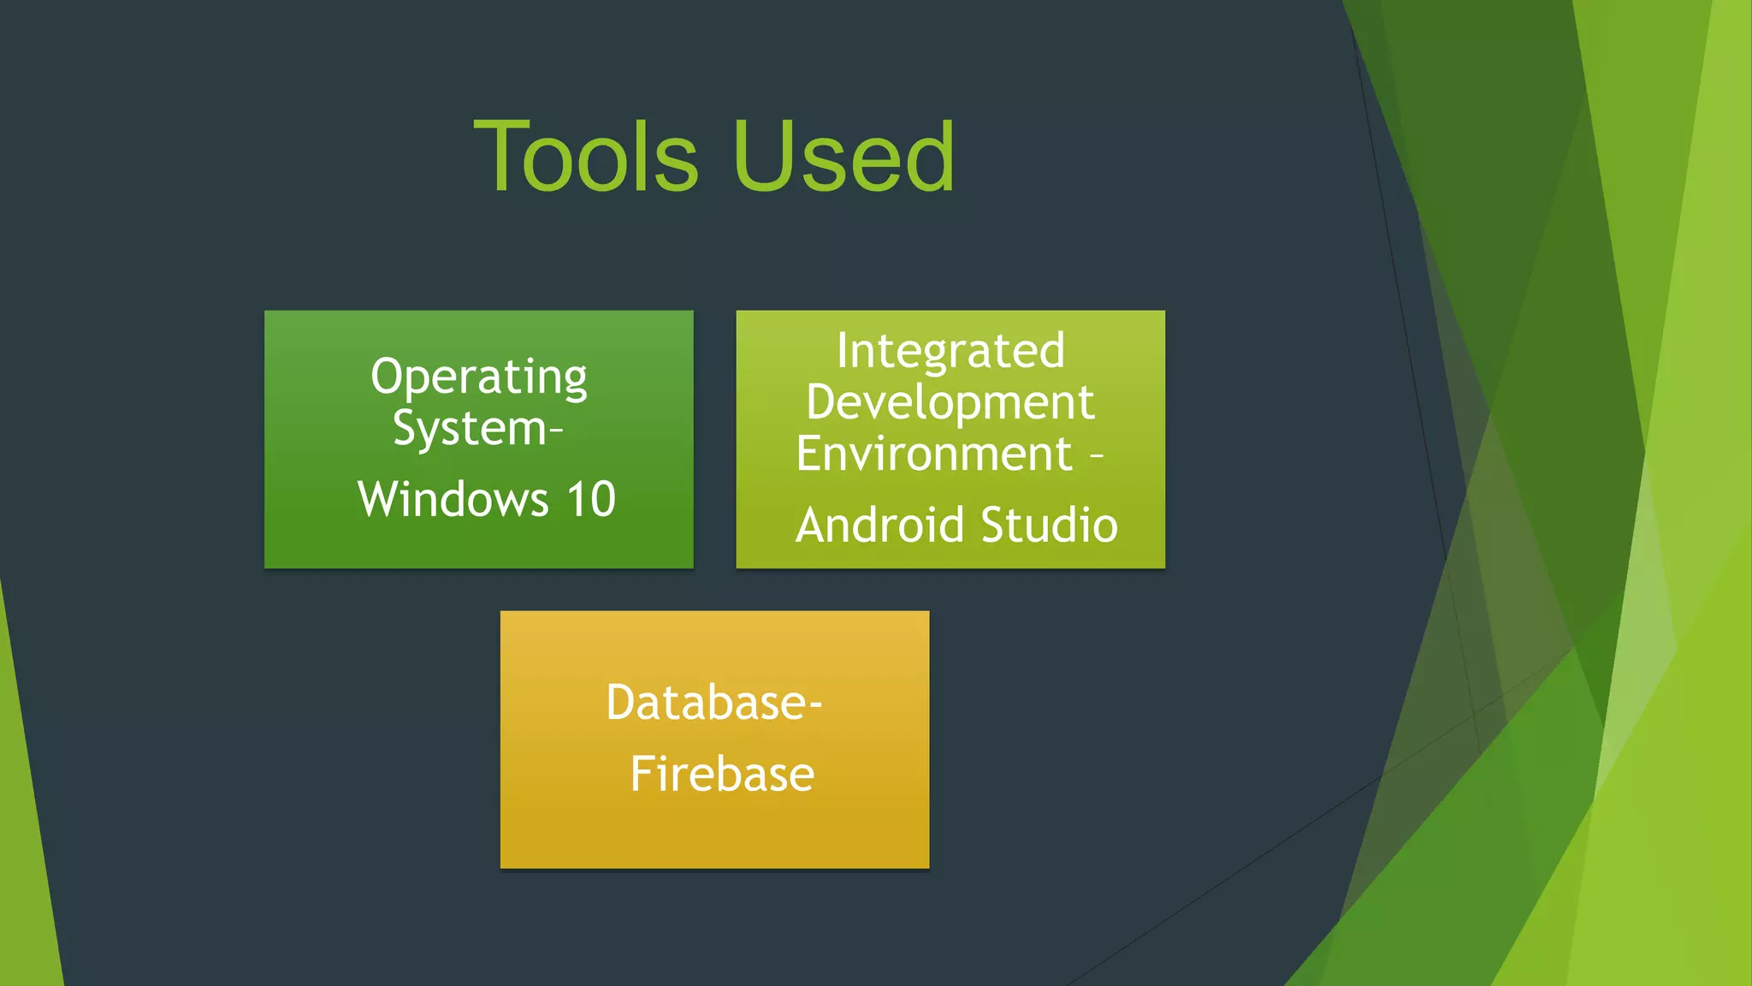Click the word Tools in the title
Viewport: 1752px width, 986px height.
coord(587,157)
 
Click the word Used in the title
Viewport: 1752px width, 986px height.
coord(843,157)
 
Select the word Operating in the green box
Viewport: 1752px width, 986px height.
coord(479,377)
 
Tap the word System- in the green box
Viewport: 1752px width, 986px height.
coord(477,428)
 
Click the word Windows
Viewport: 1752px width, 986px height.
coord(453,499)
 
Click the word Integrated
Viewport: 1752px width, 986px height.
coord(950,351)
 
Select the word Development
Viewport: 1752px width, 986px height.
coord(950,402)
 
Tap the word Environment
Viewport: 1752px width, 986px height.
coord(934,454)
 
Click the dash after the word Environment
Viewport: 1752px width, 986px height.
coord(1097,457)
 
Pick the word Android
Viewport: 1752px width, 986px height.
coord(880,525)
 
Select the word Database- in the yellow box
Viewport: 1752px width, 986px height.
coord(714,703)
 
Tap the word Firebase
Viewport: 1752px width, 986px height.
coord(722,775)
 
